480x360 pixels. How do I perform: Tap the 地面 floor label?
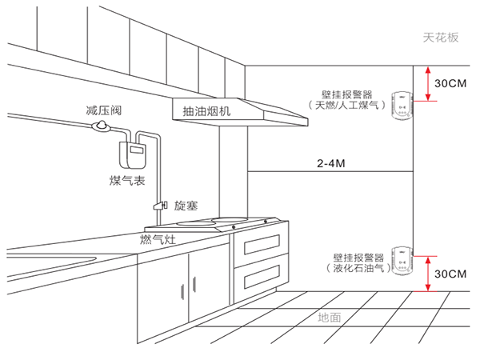pyautogui.click(x=330, y=317)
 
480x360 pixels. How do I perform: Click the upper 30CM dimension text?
pyautogui.click(x=450, y=82)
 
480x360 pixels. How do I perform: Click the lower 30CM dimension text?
pyautogui.click(x=449, y=274)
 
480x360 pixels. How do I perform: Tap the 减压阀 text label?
pyautogui.click(x=104, y=107)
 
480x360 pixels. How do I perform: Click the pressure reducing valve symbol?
pyautogui.click(x=101, y=126)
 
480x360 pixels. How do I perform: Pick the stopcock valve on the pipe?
pyautogui.click(x=160, y=206)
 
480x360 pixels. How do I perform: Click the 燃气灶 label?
pyautogui.click(x=157, y=238)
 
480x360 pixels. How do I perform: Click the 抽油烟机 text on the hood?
pyautogui.click(x=206, y=110)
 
